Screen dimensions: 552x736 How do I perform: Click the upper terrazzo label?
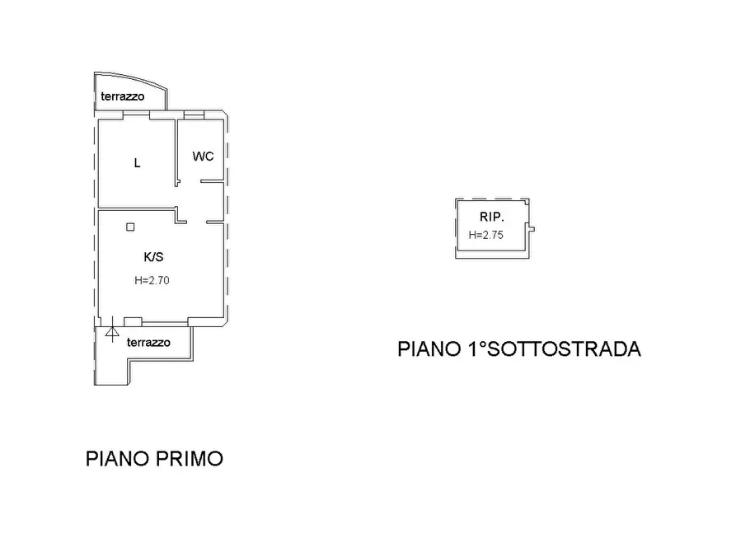point(123,97)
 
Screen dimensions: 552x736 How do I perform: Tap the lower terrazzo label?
point(148,342)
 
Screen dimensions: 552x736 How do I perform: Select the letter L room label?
point(138,163)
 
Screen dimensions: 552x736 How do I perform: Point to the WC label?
point(204,157)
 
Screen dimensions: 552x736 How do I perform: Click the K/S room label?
point(153,257)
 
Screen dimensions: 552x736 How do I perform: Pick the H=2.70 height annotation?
point(152,280)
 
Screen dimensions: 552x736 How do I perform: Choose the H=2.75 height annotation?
point(485,235)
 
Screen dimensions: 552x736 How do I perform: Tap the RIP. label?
point(491,218)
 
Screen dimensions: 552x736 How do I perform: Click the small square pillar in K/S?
point(130,227)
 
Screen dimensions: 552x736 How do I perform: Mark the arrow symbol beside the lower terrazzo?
point(111,334)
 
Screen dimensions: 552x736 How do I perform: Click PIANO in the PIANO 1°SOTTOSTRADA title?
point(428,349)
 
